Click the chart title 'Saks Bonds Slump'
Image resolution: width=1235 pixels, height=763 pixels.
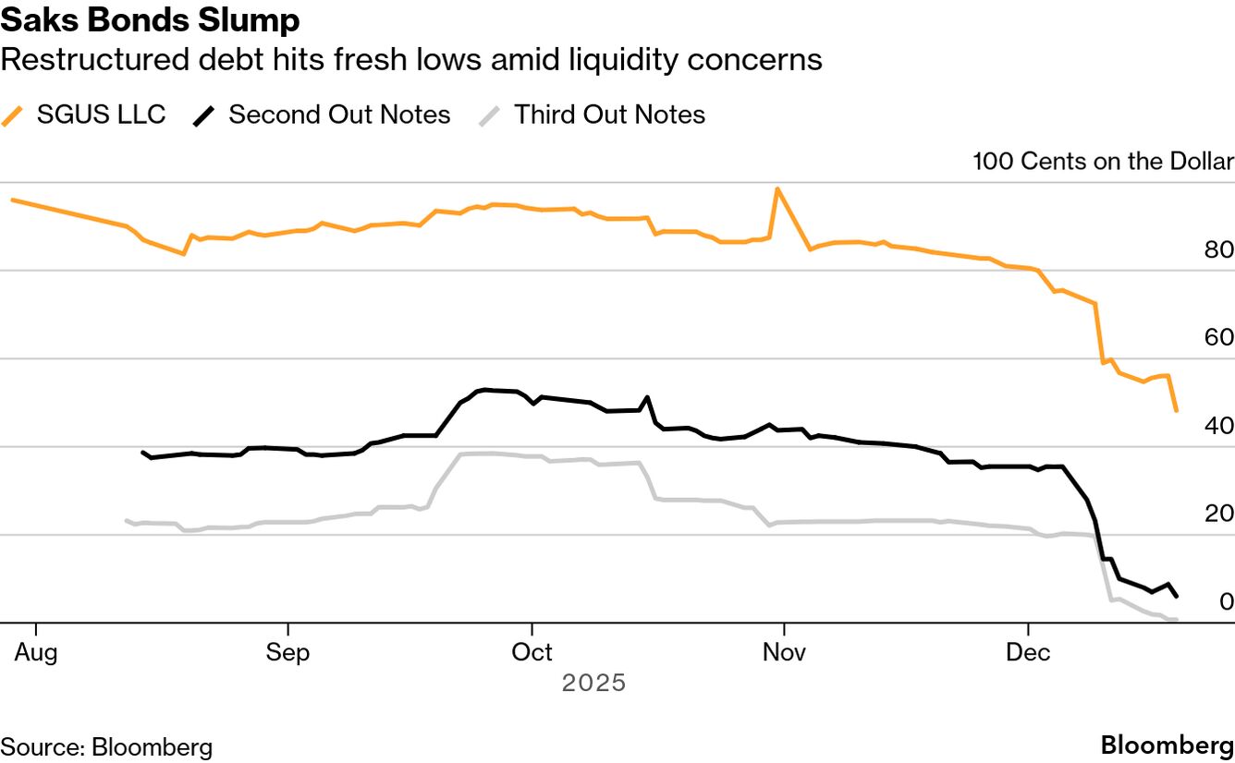150,20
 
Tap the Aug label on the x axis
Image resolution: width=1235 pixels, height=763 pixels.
36,652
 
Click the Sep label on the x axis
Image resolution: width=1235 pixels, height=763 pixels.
287,652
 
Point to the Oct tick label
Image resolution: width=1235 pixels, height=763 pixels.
532,652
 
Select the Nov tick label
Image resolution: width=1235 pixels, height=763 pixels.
784,652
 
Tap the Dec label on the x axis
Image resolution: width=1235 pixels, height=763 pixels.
1029,652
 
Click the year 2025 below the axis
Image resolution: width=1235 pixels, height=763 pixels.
594,683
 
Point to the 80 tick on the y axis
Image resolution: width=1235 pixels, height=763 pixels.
1219,250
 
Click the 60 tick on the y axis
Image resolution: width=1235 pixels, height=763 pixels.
1219,338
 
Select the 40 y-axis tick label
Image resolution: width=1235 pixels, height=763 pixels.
1219,426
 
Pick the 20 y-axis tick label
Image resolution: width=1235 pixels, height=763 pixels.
1219,514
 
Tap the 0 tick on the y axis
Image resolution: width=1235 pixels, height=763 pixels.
1226,601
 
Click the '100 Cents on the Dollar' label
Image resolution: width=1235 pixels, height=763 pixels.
1103,162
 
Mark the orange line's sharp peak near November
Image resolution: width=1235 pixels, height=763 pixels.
776,188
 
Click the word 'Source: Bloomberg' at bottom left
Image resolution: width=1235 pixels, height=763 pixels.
106,746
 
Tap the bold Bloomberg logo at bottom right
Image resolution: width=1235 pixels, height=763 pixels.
1167,745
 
